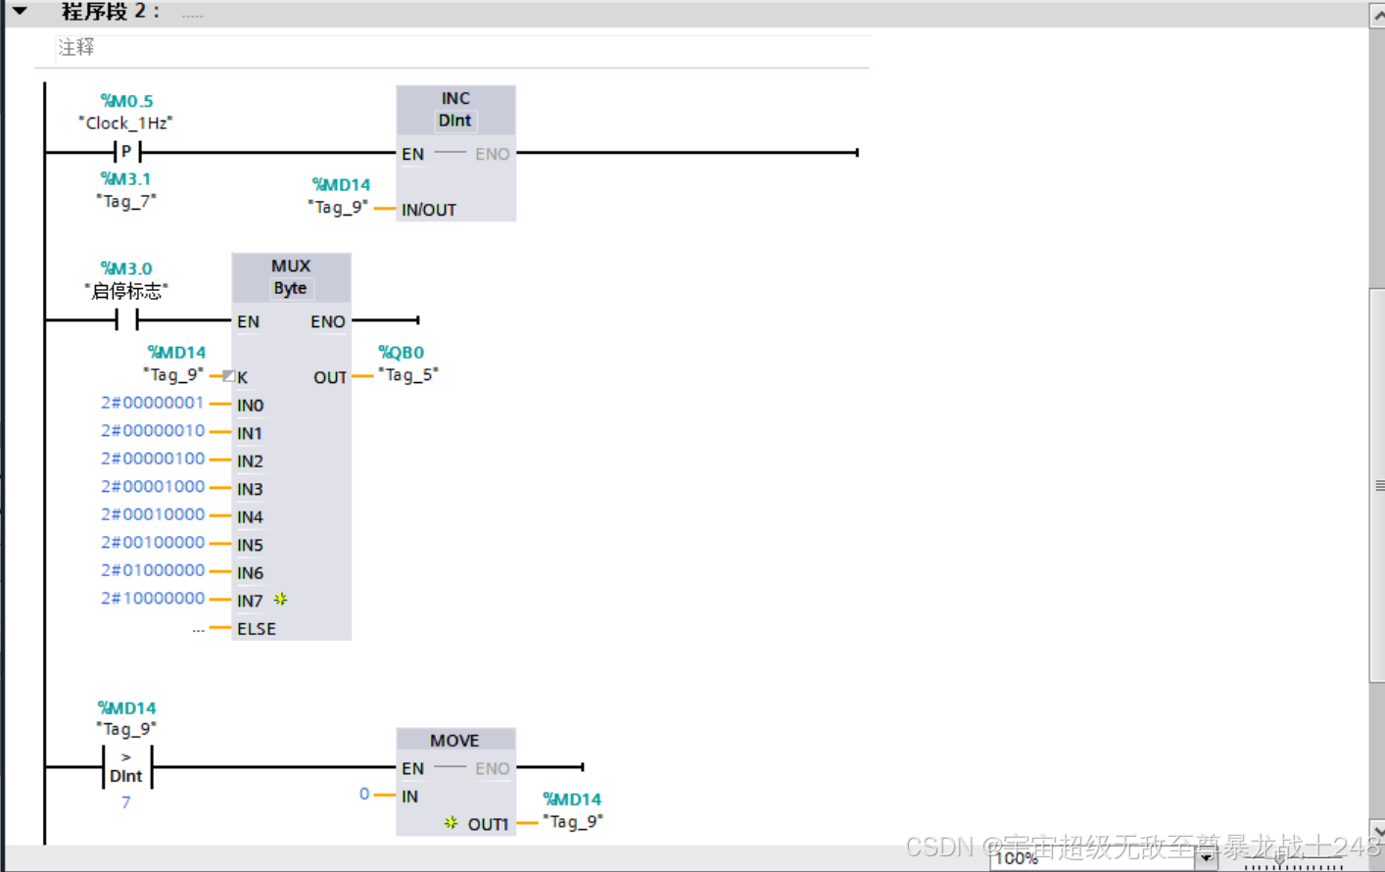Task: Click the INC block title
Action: pyautogui.click(x=455, y=99)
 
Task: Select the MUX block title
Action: pyautogui.click(x=291, y=266)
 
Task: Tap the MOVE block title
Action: pyautogui.click(x=454, y=741)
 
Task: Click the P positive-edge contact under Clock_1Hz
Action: pyautogui.click(x=127, y=152)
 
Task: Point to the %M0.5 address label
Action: pyautogui.click(x=127, y=101)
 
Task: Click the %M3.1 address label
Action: pyautogui.click(x=125, y=179)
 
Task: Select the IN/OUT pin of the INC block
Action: pyautogui.click(x=429, y=210)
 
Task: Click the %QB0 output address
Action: pyautogui.click(x=402, y=353)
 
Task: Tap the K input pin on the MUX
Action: pyautogui.click(x=242, y=377)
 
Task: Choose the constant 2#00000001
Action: pyautogui.click(x=153, y=403)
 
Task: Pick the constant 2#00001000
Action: pyautogui.click(x=153, y=487)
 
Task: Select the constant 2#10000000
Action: pyautogui.click(x=153, y=599)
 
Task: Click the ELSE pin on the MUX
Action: pyautogui.click(x=257, y=629)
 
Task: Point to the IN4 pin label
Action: pyautogui.click(x=250, y=517)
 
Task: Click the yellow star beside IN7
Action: pyautogui.click(x=280, y=599)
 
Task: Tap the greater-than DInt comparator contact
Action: pyautogui.click(x=127, y=766)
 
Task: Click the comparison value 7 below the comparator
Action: pyautogui.click(x=126, y=802)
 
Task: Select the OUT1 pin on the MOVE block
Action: pyautogui.click(x=488, y=824)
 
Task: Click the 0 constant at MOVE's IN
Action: pyautogui.click(x=364, y=794)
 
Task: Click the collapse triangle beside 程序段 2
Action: pyautogui.click(x=20, y=12)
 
